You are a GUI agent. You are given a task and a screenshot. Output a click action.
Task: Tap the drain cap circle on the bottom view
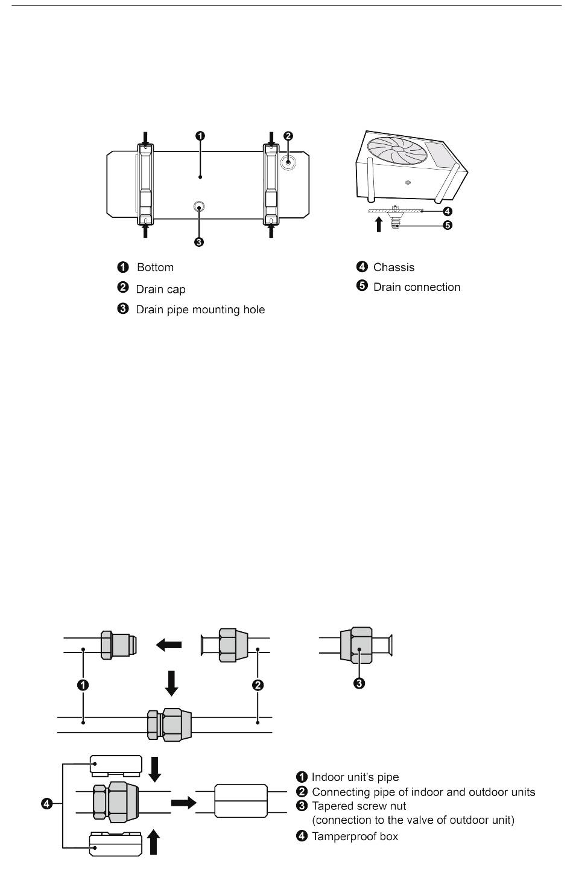[x=288, y=162]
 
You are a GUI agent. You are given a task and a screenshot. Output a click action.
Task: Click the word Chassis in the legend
[x=394, y=267]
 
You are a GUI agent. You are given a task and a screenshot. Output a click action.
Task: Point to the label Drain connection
[x=417, y=287]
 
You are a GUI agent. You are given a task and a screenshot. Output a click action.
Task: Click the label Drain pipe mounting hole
[x=200, y=310]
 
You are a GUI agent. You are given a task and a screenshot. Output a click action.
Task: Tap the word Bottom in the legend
[x=155, y=267]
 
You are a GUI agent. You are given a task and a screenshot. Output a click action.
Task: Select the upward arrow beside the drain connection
[x=378, y=225]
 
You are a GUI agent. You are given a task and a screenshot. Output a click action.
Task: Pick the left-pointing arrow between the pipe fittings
[x=169, y=645]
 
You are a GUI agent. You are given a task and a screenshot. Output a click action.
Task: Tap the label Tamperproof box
[x=355, y=837]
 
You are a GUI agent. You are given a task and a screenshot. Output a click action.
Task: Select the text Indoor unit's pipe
[x=355, y=777]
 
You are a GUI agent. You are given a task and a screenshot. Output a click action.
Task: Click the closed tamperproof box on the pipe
[x=241, y=801]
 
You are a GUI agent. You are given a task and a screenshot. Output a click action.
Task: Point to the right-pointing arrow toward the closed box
[x=184, y=803]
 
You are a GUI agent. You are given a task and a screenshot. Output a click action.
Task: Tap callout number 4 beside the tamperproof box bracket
[x=46, y=804]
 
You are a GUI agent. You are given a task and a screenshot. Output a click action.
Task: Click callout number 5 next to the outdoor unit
[x=447, y=226]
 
